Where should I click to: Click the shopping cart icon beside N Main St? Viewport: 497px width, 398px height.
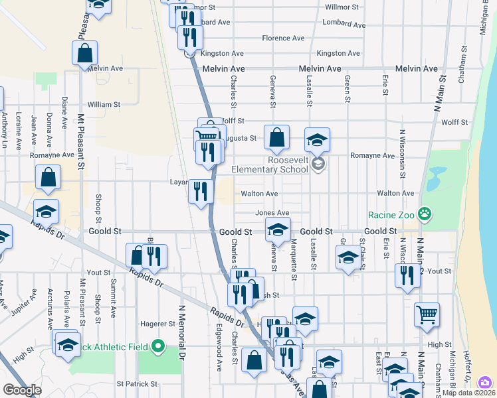coord(427,314)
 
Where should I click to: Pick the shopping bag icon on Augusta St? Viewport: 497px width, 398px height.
coord(276,137)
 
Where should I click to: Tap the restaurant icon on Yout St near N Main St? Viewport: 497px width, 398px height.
coord(407,275)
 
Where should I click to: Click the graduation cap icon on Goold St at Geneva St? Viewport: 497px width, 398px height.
coord(278,230)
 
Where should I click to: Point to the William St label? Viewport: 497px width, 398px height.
coord(104,104)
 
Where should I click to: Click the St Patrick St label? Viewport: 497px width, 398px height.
coord(137,383)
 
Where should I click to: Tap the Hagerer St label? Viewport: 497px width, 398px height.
coord(157,324)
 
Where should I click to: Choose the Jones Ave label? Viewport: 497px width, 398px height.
coord(272,213)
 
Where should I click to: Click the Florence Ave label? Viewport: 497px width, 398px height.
coord(283,38)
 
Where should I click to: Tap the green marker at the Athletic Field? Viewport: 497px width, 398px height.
coord(158,345)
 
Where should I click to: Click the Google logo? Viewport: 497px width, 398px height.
coord(22,390)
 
